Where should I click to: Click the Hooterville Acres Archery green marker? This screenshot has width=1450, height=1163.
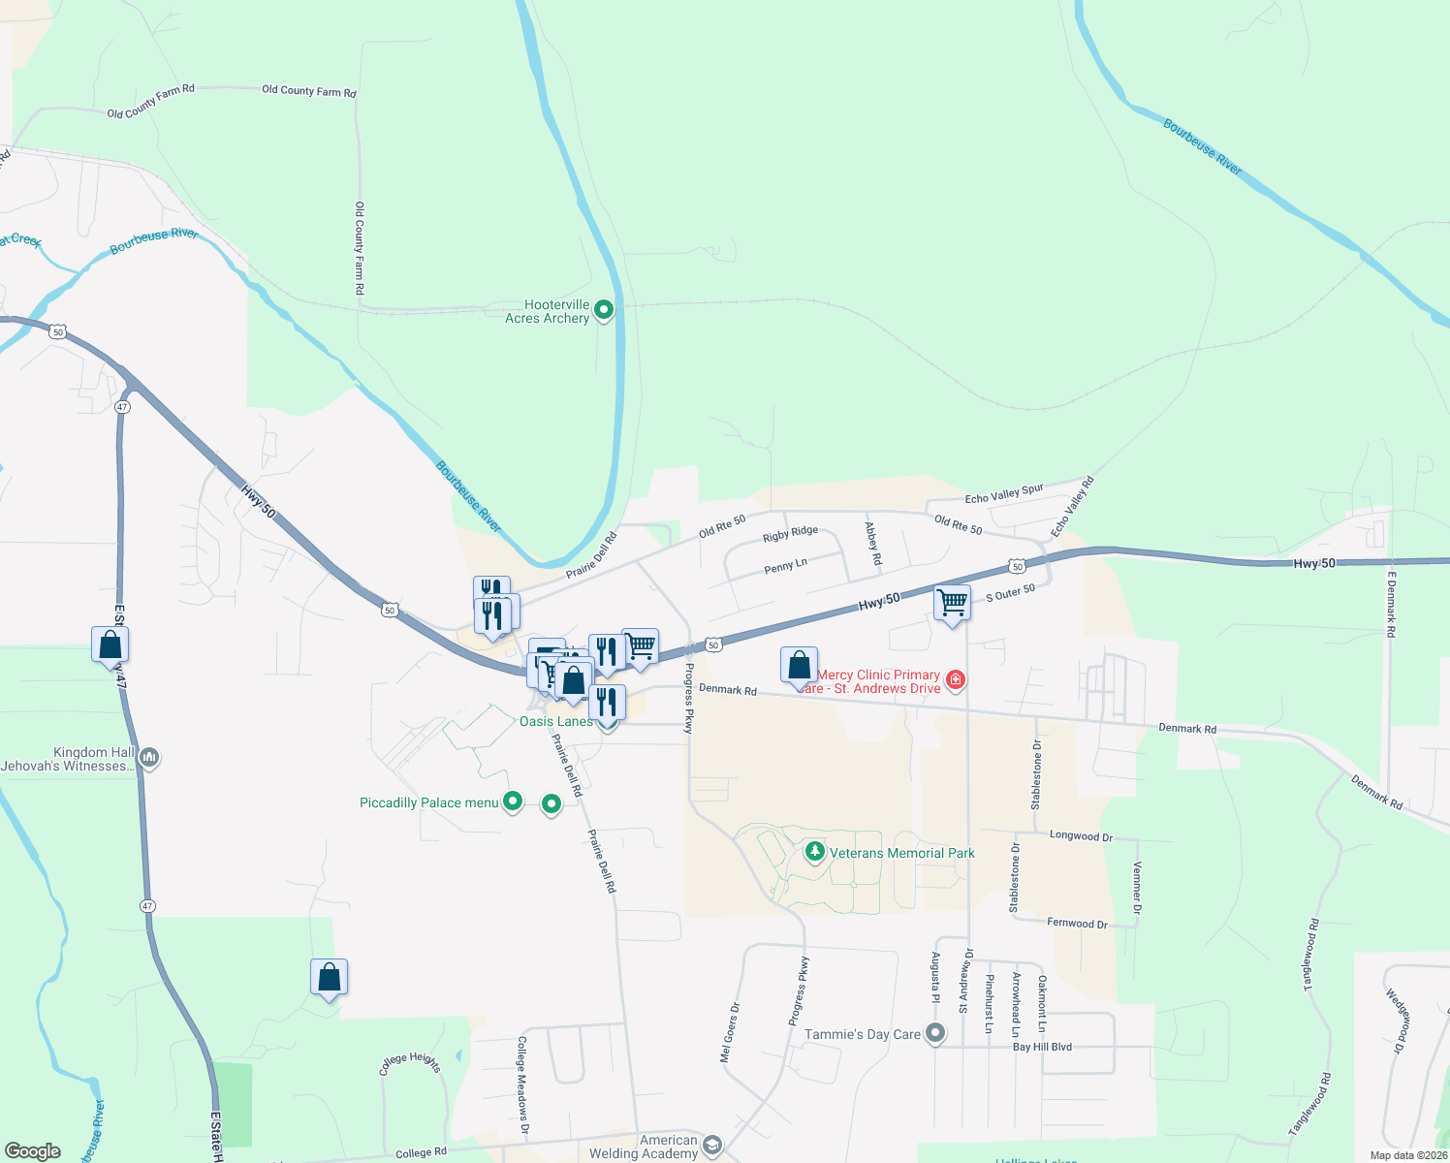click(x=604, y=310)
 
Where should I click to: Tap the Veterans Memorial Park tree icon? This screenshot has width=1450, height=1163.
click(x=815, y=852)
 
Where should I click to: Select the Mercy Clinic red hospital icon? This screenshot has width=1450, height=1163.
click(x=956, y=680)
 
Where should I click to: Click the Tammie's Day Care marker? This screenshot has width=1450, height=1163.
click(x=935, y=1034)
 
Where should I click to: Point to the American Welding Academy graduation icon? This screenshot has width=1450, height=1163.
click(x=712, y=1146)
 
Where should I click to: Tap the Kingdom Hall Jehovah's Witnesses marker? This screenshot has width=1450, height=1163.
click(x=148, y=758)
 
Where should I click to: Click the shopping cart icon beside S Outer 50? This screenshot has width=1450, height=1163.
click(x=952, y=603)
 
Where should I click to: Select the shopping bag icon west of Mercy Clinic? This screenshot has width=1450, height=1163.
click(x=799, y=666)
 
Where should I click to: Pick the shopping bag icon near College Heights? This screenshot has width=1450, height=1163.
click(x=329, y=977)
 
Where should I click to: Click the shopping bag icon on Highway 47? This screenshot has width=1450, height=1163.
click(x=110, y=644)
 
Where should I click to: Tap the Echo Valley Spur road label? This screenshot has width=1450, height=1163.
click(x=1004, y=493)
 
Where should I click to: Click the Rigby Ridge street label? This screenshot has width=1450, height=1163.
click(x=790, y=533)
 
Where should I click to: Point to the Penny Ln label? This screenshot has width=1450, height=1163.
click(x=785, y=566)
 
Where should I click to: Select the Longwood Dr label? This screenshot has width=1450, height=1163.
click(x=1081, y=835)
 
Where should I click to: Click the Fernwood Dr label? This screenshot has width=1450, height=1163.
click(x=1077, y=924)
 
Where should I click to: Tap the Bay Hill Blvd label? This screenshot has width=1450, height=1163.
click(x=1042, y=1047)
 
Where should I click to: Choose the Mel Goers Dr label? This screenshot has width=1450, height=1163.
click(x=729, y=1032)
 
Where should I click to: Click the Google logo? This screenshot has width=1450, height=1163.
click(x=32, y=1151)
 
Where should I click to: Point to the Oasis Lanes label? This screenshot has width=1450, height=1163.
click(x=556, y=721)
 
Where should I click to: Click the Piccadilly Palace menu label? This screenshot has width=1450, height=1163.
click(x=428, y=802)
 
